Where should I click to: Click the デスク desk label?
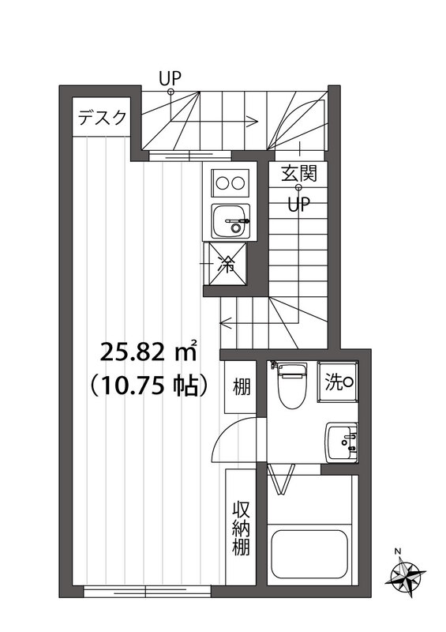[x=102, y=117]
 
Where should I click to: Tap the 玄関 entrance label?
[x=299, y=173]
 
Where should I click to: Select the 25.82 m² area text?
[x=148, y=351]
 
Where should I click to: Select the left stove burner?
[x=222, y=182]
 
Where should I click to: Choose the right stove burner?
[x=238, y=182]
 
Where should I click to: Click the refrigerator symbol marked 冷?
[x=225, y=264]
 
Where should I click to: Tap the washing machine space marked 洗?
[x=338, y=382]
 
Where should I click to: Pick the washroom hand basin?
[x=342, y=442]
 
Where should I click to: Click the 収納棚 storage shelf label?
[x=241, y=528]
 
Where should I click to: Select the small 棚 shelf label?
[x=242, y=387]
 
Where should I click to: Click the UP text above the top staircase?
[x=170, y=77]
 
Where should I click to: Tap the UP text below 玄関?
[x=298, y=205]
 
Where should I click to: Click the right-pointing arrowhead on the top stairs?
[x=253, y=121]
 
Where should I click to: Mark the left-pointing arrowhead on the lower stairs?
[x=225, y=323]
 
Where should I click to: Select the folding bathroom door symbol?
[x=281, y=478]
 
